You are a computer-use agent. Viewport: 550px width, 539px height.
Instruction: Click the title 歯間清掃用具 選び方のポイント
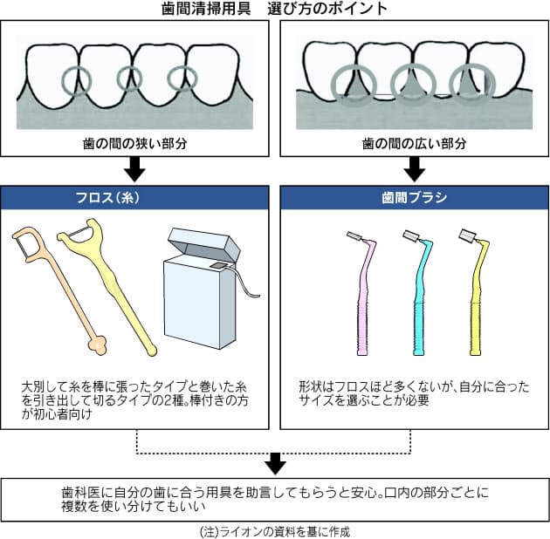275,10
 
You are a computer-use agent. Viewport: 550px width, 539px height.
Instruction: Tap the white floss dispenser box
199,297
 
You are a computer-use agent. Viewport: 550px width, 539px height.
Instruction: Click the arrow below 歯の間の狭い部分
135,168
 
